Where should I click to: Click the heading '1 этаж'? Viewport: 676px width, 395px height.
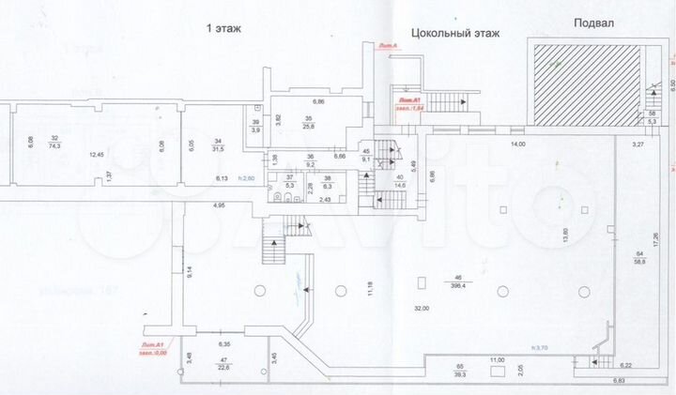(223, 29)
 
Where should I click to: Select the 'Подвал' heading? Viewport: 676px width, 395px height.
(593, 25)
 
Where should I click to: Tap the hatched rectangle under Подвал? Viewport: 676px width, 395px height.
(584, 82)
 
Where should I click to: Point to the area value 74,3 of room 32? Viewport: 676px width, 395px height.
(54, 145)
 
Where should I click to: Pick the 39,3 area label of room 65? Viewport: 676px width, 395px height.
(461, 372)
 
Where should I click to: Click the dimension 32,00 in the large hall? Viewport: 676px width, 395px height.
(421, 309)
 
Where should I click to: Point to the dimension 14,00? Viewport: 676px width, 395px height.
(518, 144)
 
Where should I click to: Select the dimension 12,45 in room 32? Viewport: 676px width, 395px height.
(96, 153)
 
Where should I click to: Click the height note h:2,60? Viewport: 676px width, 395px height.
(247, 177)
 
